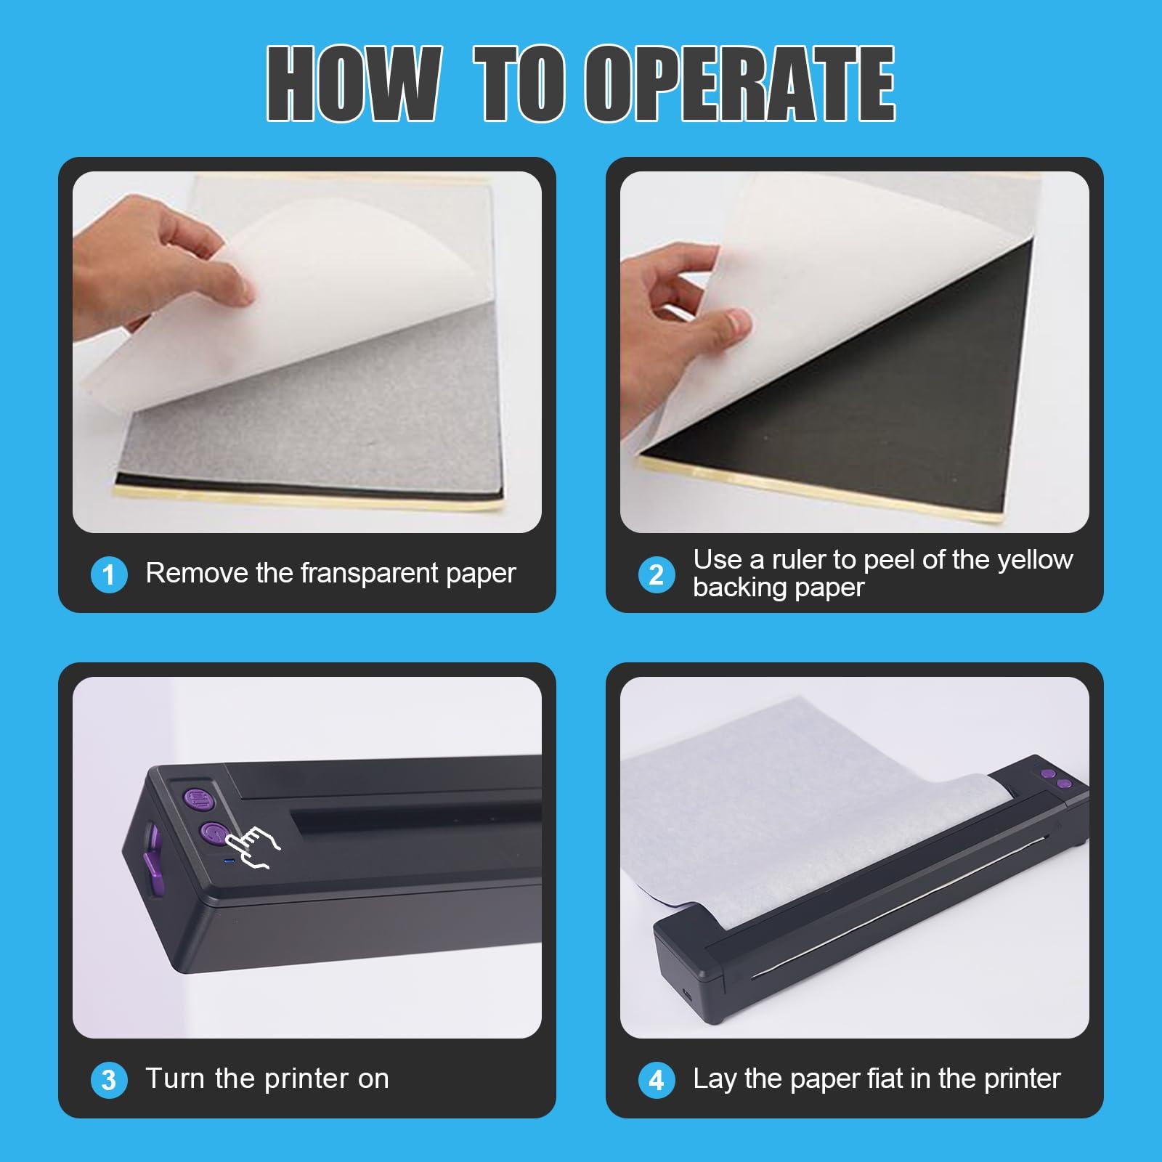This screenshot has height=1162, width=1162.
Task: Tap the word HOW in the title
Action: point(353,84)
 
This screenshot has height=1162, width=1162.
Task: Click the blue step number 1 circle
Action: point(109,574)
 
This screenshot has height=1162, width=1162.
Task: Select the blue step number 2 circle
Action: point(657,574)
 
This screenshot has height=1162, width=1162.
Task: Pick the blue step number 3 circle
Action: point(109,1080)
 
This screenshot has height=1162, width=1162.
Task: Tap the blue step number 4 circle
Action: point(657,1080)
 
